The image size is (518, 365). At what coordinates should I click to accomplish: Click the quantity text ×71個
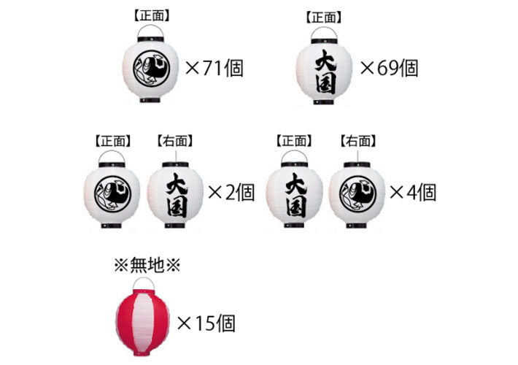(214, 69)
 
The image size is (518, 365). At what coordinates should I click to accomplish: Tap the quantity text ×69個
(390, 69)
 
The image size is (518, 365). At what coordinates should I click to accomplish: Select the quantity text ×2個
(231, 193)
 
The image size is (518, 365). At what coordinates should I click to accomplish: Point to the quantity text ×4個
(413, 193)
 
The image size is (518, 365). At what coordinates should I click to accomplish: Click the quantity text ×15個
(206, 323)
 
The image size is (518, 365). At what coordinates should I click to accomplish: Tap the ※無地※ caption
(147, 265)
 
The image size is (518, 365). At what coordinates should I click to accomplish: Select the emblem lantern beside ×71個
(150, 64)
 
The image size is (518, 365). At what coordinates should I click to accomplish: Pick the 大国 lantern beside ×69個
(324, 66)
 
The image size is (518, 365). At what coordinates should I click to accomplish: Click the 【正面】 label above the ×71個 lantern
(152, 15)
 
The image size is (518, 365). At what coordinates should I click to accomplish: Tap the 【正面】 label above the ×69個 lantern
(324, 18)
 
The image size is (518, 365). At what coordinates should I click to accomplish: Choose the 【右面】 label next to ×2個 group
(175, 141)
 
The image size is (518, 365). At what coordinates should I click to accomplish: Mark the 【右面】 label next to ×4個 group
(358, 141)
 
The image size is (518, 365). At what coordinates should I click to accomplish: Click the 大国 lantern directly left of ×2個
(175, 195)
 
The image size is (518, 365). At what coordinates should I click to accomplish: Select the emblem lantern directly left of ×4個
(357, 195)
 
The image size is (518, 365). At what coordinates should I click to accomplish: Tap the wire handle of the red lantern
(144, 284)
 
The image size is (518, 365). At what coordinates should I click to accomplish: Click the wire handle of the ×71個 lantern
(150, 31)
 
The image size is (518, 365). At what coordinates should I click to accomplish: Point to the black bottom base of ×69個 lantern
(324, 102)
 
